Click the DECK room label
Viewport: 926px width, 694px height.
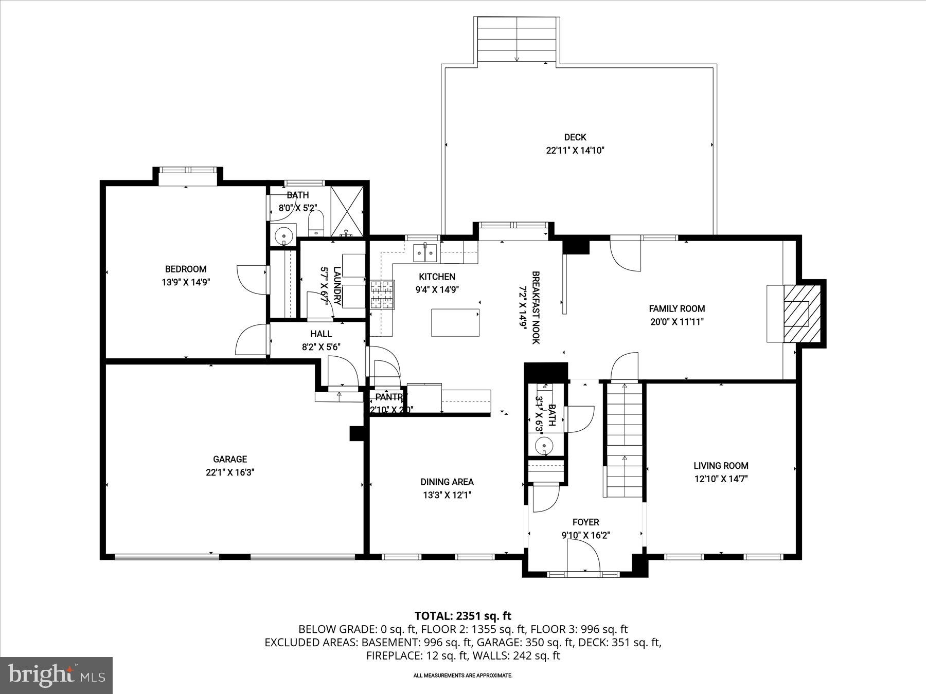click(575, 137)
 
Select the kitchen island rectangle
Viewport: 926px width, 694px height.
click(455, 322)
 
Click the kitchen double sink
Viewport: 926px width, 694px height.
click(425, 252)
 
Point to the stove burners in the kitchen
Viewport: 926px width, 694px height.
click(382, 295)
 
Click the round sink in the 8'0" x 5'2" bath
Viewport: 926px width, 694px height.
click(283, 236)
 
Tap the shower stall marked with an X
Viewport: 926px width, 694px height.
click(347, 211)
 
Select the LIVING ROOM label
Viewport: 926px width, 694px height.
click(721, 466)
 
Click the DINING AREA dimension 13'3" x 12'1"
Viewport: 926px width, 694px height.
click(447, 495)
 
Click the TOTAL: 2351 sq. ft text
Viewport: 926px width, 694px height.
click(463, 615)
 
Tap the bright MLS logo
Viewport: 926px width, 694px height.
click(56, 675)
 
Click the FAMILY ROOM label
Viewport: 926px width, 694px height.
click(676, 308)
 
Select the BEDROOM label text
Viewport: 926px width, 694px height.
click(186, 269)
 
